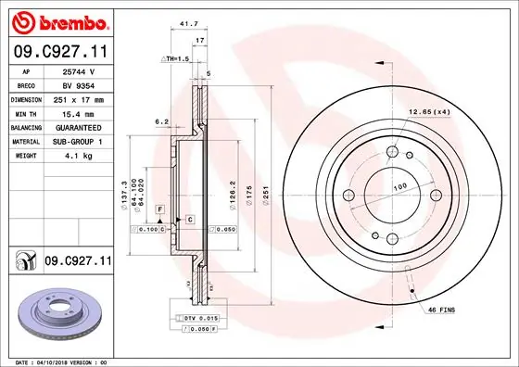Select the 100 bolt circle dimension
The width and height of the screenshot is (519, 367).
click(x=399, y=187)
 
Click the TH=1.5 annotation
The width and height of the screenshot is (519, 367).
click(x=176, y=58)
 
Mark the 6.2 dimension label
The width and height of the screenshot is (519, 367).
click(x=161, y=121)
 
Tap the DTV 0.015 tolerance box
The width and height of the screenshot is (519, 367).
click(x=200, y=318)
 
